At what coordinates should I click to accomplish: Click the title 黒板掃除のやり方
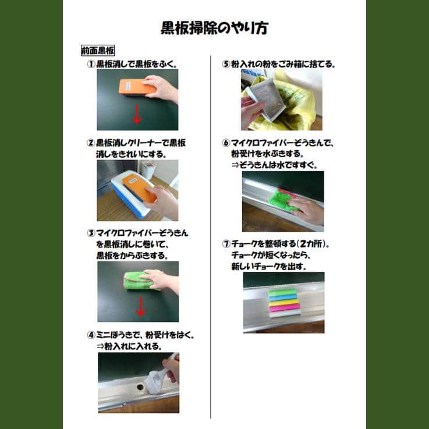coord(214,29)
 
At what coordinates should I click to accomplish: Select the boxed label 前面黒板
coord(98,51)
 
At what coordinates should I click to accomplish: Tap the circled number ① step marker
coord(91,64)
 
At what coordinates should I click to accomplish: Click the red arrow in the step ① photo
coord(137,114)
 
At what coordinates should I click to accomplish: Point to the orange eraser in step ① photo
coord(137,87)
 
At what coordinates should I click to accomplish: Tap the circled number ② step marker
coord(91,143)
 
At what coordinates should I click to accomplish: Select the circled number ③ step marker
coord(91,233)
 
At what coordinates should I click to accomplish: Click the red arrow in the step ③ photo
coord(141,307)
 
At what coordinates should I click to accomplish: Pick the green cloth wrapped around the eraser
coord(137,281)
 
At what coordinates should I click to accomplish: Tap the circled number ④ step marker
coord(91,335)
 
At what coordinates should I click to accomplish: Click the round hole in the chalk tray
coord(140,387)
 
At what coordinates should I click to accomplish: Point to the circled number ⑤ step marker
coord(226,64)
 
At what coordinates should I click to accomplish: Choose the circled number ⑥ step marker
coord(226,143)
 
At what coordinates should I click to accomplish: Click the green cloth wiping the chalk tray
coord(282,199)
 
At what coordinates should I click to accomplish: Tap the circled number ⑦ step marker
coord(226,243)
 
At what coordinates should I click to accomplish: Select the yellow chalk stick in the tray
coord(283,303)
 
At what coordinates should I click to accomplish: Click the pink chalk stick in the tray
coord(285,309)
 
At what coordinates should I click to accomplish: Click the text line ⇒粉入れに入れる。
coord(129,346)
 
